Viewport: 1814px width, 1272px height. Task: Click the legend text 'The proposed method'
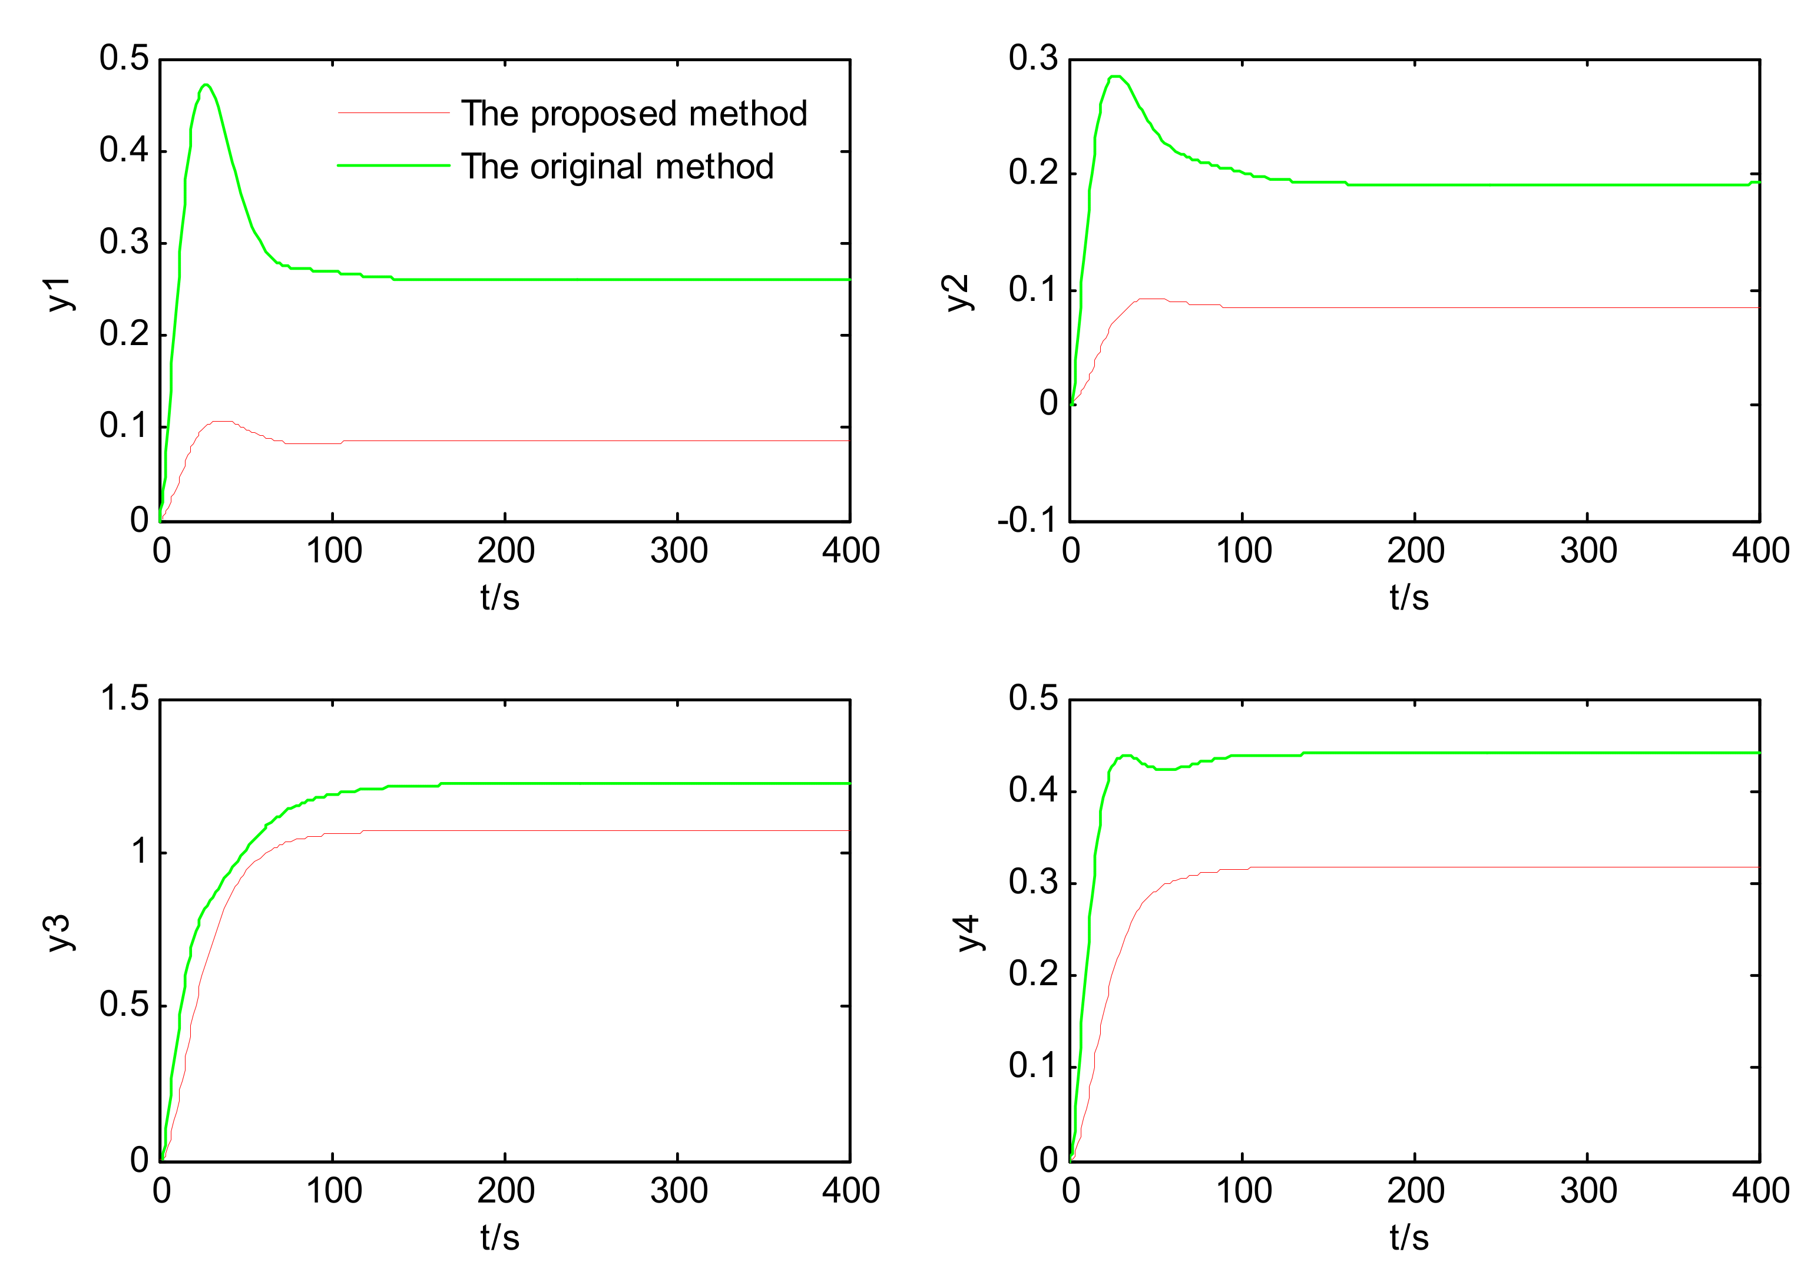(634, 114)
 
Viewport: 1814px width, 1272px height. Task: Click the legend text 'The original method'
(617, 167)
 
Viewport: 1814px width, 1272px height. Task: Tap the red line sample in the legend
(393, 113)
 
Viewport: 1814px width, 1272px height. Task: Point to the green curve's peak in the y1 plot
(206, 85)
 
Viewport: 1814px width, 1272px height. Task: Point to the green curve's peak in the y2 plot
(1115, 77)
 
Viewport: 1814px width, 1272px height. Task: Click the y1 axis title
(60, 294)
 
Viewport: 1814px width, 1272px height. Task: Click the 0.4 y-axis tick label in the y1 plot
(124, 150)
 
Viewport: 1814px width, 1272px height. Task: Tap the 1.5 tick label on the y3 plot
(125, 698)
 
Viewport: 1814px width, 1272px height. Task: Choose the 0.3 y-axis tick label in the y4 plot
(1032, 882)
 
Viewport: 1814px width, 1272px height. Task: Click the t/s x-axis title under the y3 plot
(500, 1237)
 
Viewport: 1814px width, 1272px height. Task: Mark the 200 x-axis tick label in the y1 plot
(506, 551)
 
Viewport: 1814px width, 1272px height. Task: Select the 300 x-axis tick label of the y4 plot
(1588, 1191)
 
